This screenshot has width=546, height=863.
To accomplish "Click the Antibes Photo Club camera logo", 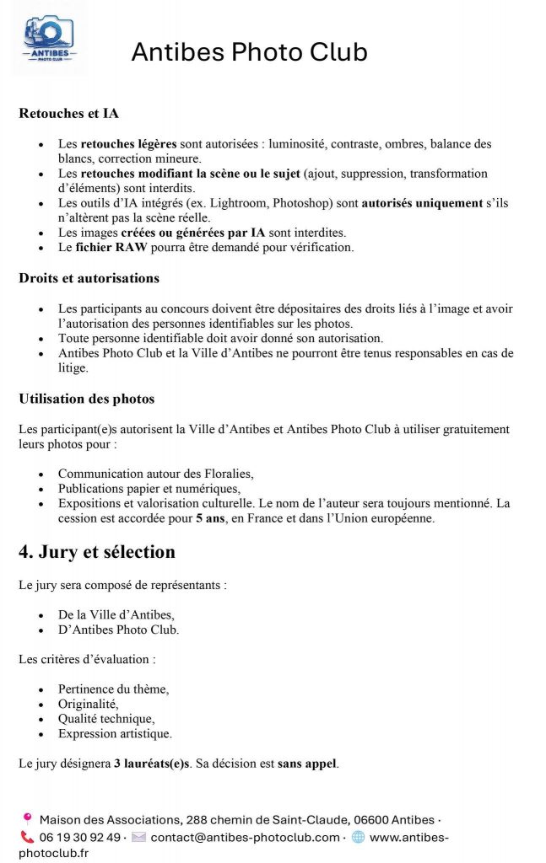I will (48, 39).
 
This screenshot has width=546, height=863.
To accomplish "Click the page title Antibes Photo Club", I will (249, 52).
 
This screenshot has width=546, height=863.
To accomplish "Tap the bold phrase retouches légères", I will (122, 144).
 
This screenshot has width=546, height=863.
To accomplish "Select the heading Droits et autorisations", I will (89, 277).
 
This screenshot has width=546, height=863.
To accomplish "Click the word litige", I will (73, 367).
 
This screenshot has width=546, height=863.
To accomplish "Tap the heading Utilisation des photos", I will (86, 398).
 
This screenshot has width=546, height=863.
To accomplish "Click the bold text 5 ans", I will (210, 518).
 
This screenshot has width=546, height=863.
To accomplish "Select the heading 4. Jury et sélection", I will (97, 552).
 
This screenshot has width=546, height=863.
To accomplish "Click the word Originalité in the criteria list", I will (88, 704).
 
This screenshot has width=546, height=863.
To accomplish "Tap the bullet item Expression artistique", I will (115, 733).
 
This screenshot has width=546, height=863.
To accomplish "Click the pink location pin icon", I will (27, 818).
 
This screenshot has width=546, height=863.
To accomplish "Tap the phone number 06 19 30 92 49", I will (81, 837).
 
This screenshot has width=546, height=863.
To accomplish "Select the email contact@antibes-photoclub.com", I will (245, 837).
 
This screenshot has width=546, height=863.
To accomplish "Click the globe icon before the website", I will (358, 837).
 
